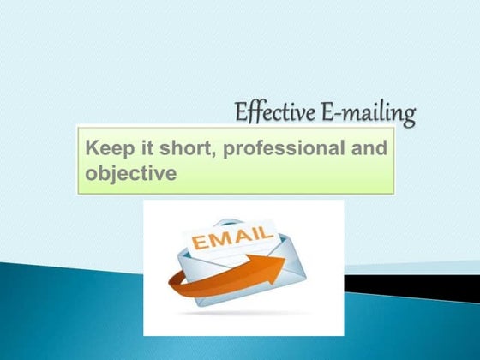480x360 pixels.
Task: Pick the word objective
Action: (131, 173)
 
